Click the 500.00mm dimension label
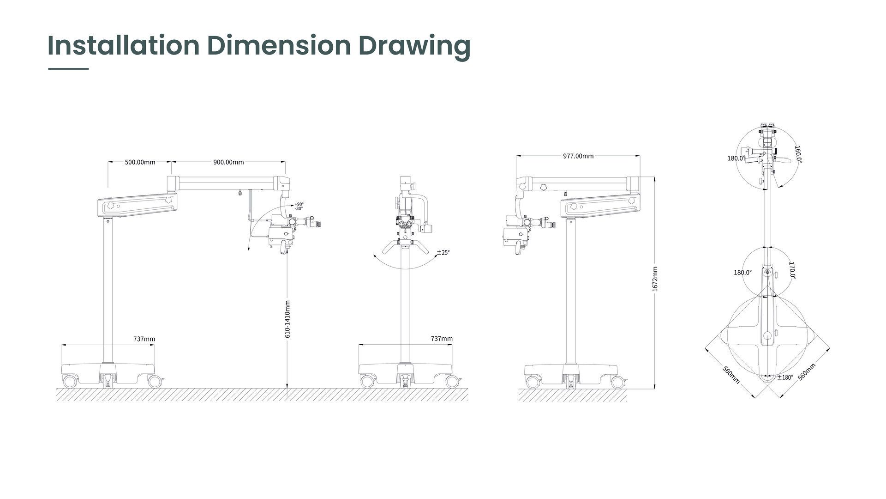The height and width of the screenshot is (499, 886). (x=140, y=162)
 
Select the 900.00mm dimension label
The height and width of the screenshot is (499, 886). (x=228, y=162)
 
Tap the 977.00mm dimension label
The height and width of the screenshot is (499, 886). (x=578, y=156)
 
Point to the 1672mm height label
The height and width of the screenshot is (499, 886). (x=655, y=279)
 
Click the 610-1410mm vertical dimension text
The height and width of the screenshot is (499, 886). (x=287, y=319)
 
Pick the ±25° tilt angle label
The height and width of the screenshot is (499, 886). (x=443, y=252)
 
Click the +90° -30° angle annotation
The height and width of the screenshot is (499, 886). (x=299, y=207)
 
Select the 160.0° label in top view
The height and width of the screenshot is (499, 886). (x=798, y=154)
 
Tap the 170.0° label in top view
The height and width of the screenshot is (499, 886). (x=792, y=271)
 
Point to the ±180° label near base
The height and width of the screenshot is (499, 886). (x=785, y=377)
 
